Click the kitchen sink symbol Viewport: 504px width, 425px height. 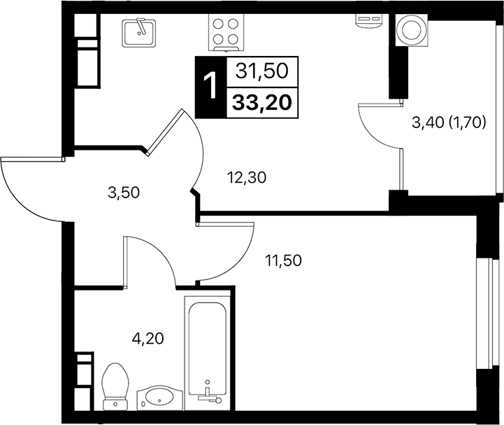[140, 32]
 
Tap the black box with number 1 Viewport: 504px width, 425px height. [209, 88]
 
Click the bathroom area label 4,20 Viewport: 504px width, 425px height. [147, 340]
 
